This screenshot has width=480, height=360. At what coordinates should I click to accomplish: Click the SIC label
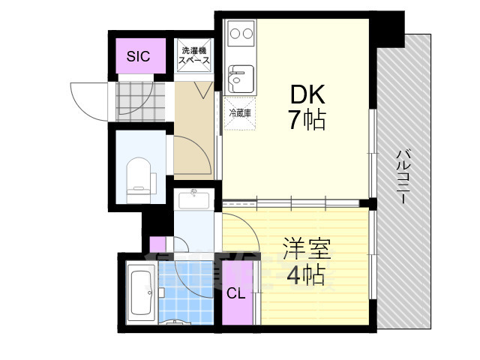point(138,56)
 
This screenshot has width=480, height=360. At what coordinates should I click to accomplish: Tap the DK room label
point(307,94)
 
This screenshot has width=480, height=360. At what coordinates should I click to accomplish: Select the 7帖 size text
point(307,120)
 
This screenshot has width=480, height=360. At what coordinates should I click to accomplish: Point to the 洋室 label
point(307,248)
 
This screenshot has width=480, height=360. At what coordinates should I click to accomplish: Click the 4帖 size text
point(306,274)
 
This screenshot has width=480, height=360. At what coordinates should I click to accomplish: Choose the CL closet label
point(235,294)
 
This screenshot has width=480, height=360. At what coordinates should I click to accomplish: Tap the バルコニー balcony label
point(403,176)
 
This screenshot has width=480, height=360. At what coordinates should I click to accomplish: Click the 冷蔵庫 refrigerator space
point(240,113)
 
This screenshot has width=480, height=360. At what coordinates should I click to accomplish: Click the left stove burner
point(235,33)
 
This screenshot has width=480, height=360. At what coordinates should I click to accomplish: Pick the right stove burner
point(248,33)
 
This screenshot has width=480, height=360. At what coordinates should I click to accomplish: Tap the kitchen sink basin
point(241,79)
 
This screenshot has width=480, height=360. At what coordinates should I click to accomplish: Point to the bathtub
point(141,292)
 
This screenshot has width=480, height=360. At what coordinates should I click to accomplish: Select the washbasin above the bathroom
point(194,200)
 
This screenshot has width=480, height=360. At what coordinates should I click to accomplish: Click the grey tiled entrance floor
point(140,102)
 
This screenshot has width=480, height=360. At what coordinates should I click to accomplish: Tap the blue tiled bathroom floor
point(186,293)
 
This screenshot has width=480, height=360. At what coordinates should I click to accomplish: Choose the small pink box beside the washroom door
point(157,244)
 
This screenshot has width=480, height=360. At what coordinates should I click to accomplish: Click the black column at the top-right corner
point(387,30)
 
